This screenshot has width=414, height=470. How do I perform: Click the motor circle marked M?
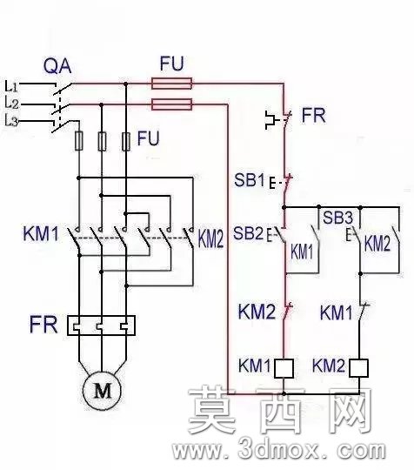coord(102,390)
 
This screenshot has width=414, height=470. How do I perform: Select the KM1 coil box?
coord(284,368)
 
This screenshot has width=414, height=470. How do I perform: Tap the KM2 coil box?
coord(358,368)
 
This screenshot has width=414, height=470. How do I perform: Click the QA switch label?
coord(57,66)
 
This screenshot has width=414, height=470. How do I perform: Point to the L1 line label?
coord(11,86)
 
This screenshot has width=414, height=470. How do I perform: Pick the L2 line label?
coord(11,103)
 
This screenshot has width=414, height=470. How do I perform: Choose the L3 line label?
coord(11,121)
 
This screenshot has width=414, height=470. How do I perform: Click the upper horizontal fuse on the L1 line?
coord(171,84)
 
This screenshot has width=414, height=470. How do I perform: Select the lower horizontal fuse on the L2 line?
coord(171,104)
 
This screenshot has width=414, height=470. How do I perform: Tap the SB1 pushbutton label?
coord(250,180)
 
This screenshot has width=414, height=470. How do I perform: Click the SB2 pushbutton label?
coord(249,233)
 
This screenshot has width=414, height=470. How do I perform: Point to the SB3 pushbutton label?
coord(338,218)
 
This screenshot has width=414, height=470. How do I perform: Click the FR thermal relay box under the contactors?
coord(101,326)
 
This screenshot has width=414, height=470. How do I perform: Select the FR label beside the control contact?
coord(313,116)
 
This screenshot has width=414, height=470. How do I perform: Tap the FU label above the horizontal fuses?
coord(171,64)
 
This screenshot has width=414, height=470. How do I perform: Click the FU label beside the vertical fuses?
coord(148,138)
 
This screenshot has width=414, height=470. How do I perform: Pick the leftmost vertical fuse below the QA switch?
coord(79,141)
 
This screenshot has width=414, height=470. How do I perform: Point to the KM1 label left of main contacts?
coord(41,234)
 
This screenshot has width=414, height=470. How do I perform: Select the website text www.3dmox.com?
coord(278,450)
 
